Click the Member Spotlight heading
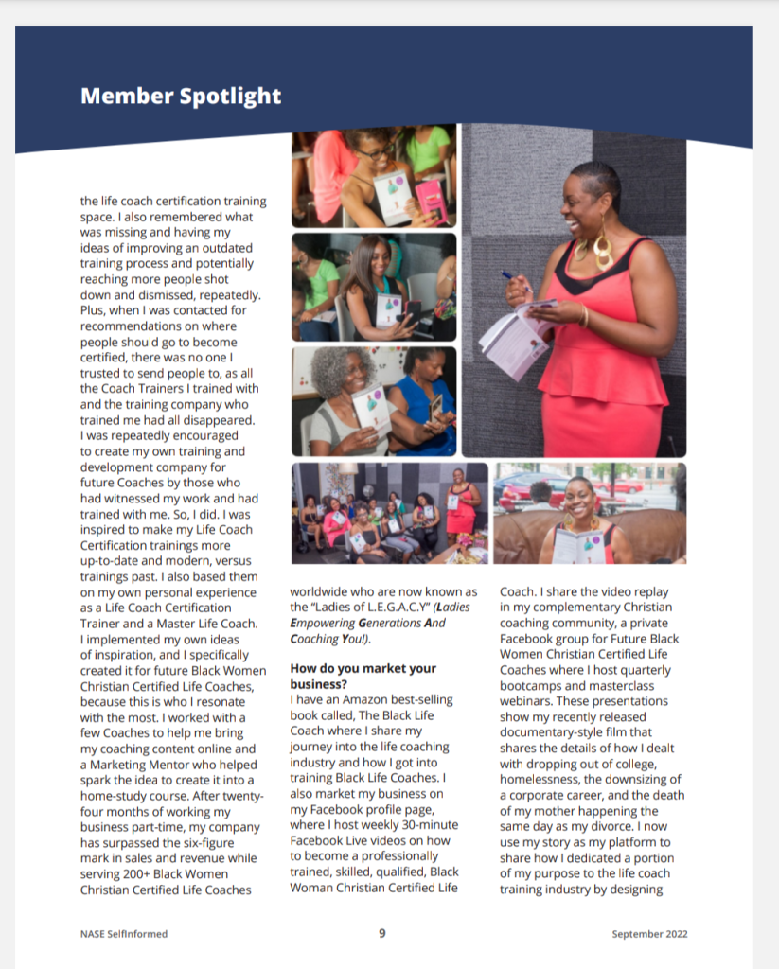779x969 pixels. tap(181, 96)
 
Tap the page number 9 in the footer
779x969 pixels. tap(382, 933)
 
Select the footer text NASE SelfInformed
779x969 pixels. tap(124, 934)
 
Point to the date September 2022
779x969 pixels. tap(649, 934)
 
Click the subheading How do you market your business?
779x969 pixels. tap(363, 676)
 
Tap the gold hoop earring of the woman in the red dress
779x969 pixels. tap(602, 248)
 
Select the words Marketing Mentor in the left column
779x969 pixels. tap(142, 764)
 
